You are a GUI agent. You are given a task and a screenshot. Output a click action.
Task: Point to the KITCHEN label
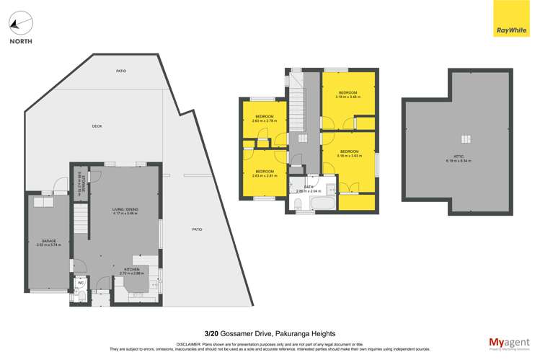(131, 268)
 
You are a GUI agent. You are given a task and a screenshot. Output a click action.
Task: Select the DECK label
(97, 126)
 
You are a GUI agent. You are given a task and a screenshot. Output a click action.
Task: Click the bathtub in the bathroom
(315, 205)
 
